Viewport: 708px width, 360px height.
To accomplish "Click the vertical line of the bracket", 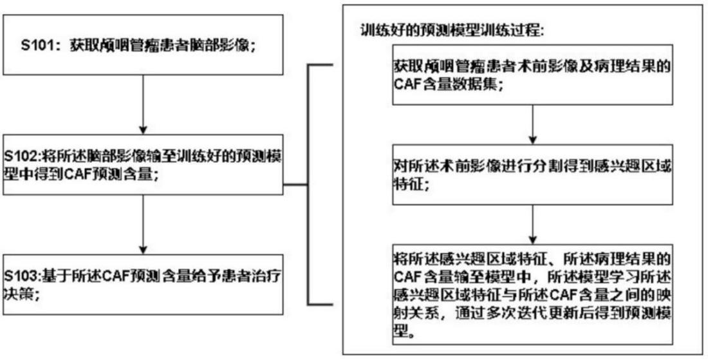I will pyautogui.click(x=311, y=185).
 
